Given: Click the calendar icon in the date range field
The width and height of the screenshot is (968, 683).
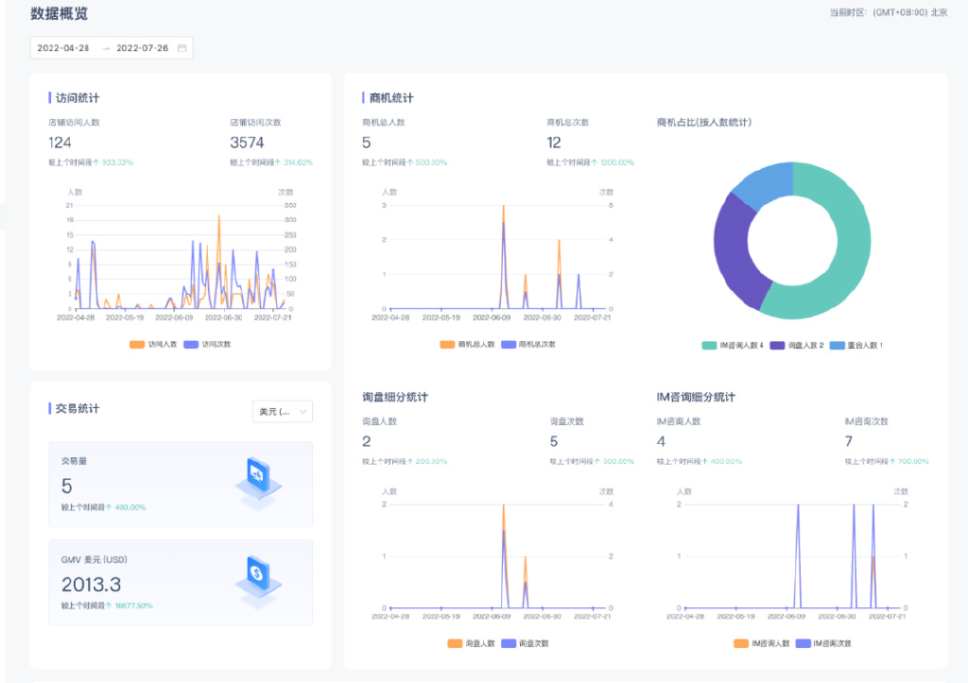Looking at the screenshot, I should [x=181, y=48].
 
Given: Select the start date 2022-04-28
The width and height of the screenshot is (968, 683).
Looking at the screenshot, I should [x=62, y=48].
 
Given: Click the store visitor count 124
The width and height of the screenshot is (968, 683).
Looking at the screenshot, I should [x=60, y=143].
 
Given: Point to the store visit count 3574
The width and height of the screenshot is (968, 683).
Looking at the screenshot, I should [x=247, y=143].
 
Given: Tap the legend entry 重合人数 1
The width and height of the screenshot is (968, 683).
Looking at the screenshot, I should [x=856, y=346].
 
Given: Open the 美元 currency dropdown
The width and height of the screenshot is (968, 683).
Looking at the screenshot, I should [x=282, y=411].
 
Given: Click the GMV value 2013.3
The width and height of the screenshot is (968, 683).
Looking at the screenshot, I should [x=91, y=585].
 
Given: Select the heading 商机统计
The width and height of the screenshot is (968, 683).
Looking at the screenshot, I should [x=390, y=97].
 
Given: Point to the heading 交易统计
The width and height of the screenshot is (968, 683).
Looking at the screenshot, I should [x=77, y=408].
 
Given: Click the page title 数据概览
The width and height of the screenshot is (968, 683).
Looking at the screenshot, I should [x=60, y=13].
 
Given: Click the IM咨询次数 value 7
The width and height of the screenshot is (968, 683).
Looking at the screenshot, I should [x=849, y=441].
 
